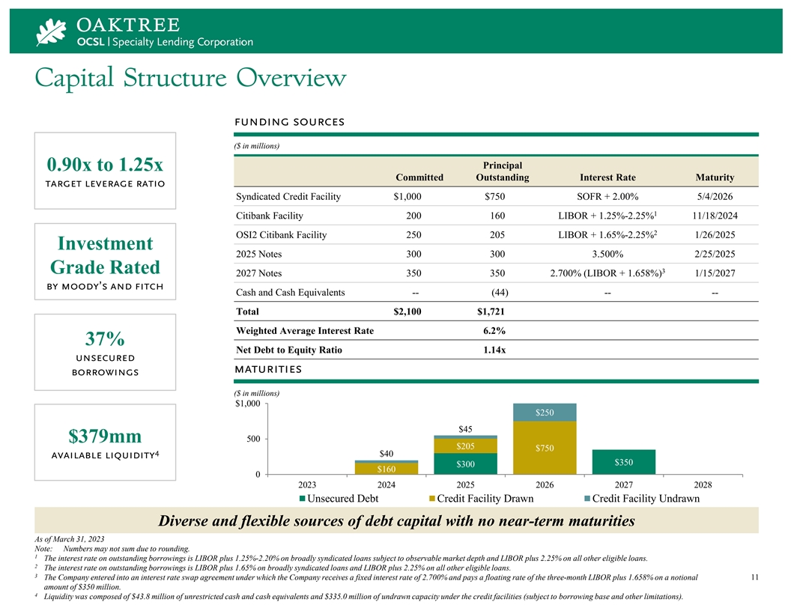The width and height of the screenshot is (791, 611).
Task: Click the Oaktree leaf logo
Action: (52, 31)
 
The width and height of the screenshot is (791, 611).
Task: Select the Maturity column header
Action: (714, 177)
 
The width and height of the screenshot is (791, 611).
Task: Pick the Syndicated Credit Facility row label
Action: (288, 197)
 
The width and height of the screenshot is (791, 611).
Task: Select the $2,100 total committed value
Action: (407, 312)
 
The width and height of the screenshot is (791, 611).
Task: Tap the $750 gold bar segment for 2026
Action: (545, 448)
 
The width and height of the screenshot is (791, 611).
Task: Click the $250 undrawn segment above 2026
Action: (545, 413)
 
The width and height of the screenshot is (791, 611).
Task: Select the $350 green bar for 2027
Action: (623, 462)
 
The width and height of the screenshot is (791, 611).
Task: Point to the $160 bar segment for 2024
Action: (387, 469)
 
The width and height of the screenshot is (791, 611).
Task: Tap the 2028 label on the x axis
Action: (702, 484)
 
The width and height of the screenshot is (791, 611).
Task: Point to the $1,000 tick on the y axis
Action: (248, 404)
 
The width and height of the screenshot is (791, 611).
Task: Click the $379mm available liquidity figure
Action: (105, 437)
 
